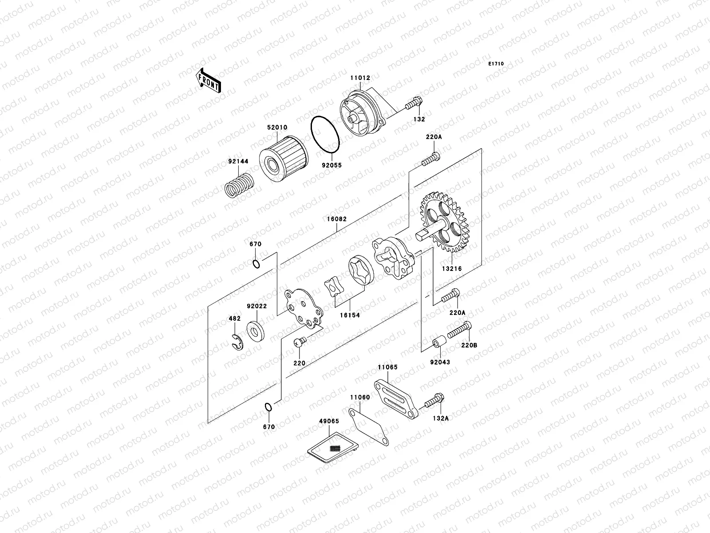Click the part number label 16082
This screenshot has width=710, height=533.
pyautogui.click(x=337, y=219)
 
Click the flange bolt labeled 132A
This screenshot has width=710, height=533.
pyautogui.click(x=434, y=402)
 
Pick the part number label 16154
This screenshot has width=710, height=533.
pyautogui.click(x=350, y=315)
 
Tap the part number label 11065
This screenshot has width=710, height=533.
pyautogui.click(x=388, y=367)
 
